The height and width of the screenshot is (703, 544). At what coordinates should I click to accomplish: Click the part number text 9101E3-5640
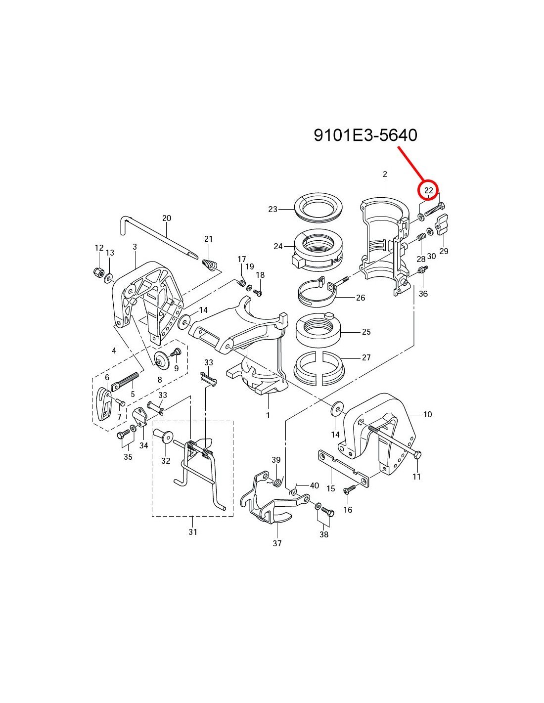tap(365, 135)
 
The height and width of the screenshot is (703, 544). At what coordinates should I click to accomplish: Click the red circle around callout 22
tap(428, 190)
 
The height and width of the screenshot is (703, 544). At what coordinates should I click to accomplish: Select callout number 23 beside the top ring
tap(272, 209)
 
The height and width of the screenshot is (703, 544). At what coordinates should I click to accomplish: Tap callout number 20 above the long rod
tap(167, 218)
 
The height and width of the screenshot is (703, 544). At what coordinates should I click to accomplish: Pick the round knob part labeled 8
tap(160, 361)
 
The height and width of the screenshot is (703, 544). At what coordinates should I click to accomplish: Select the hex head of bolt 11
tap(417, 454)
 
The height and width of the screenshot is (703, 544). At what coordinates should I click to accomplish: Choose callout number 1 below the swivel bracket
tap(268, 415)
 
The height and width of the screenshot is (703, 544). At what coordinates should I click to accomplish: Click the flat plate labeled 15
tap(342, 467)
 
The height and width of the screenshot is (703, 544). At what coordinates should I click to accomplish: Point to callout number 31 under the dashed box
tap(192, 532)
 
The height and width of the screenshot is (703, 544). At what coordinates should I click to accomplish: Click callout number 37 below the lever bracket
tap(277, 543)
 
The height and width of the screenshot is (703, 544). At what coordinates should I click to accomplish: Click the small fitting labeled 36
tap(422, 270)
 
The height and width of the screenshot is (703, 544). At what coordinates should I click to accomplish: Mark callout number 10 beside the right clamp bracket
tap(427, 414)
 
